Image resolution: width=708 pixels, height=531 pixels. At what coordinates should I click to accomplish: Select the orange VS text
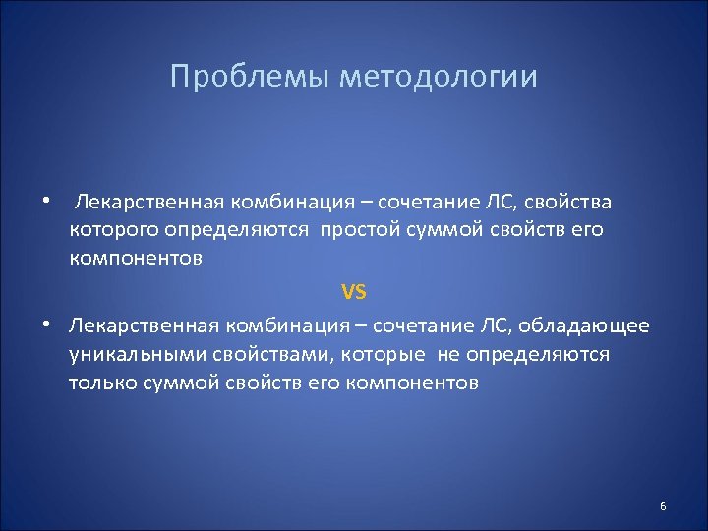353,291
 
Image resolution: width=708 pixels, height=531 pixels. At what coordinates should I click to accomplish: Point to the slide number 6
663,506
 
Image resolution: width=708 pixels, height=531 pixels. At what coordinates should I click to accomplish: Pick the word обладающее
595,325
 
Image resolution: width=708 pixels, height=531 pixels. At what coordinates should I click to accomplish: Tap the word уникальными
130,354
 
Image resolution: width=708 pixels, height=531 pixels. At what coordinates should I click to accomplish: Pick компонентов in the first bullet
136,258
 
